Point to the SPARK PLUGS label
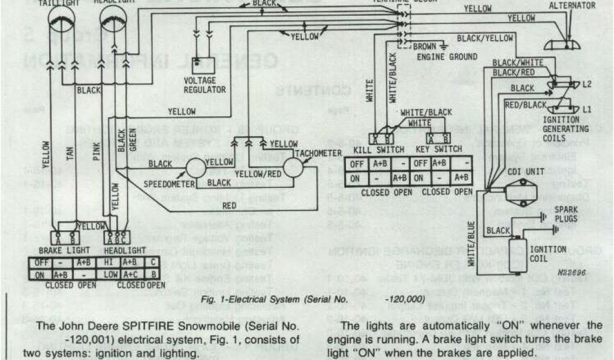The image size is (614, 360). pyautogui.click(x=566, y=214)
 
